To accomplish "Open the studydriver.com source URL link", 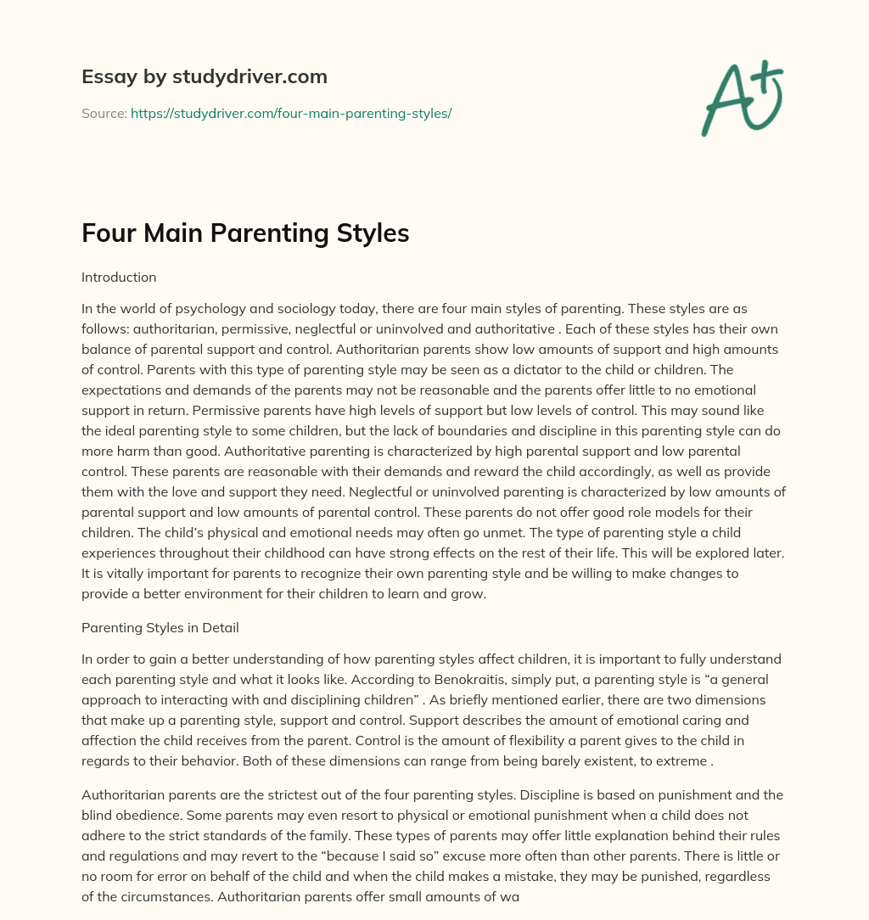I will [x=290, y=113].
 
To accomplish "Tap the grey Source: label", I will [x=104, y=113].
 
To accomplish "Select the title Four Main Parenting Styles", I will [x=245, y=233].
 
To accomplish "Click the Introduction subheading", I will [x=119, y=277].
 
